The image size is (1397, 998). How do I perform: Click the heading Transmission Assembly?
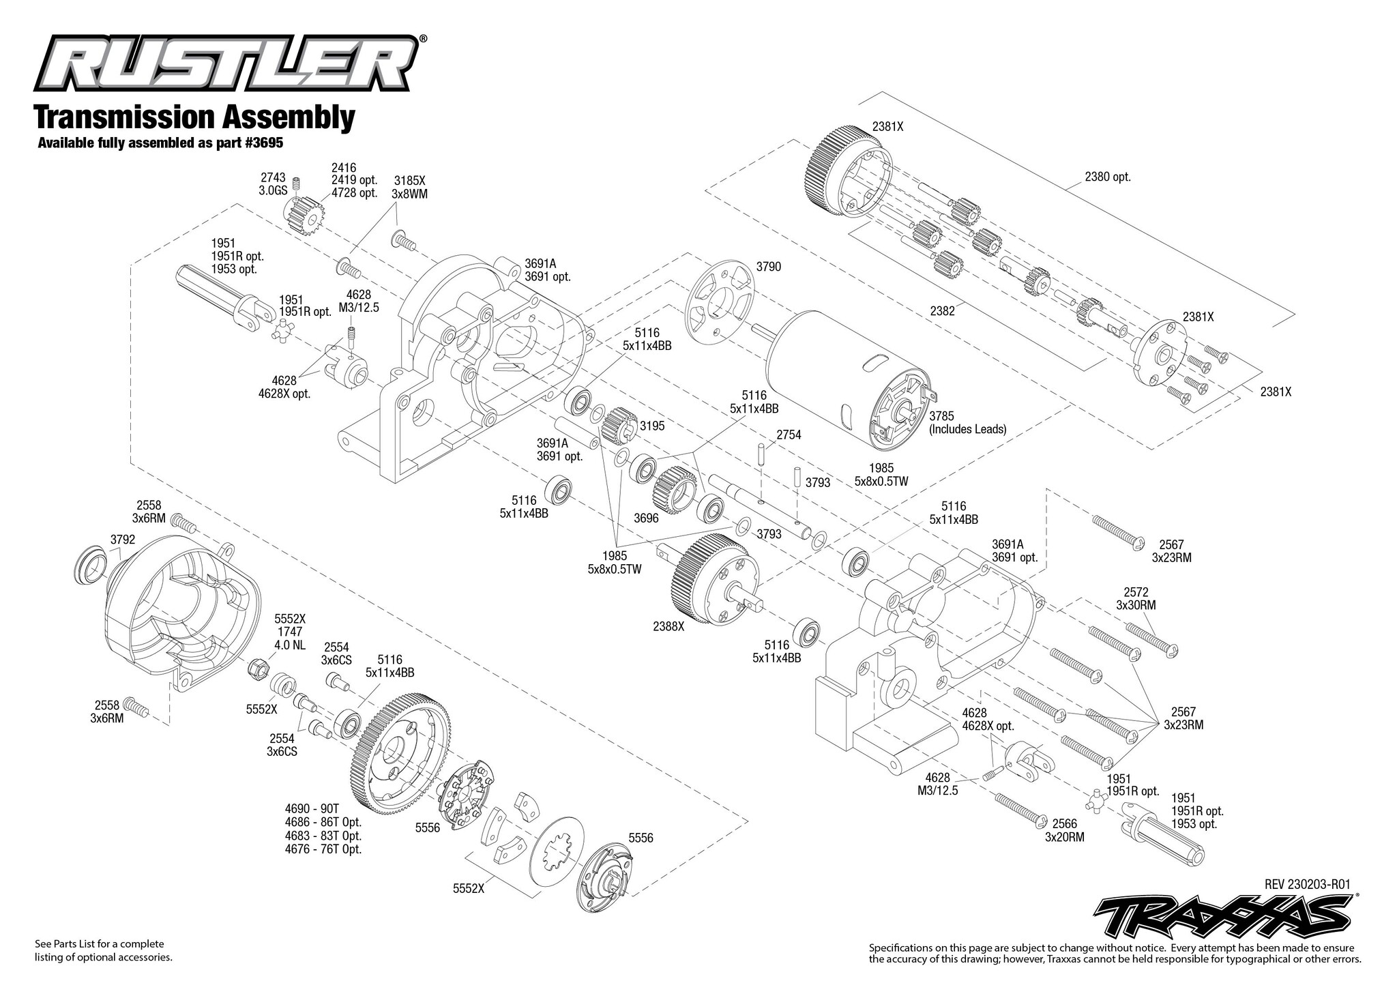[x=194, y=117]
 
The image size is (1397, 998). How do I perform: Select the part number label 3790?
[x=769, y=267]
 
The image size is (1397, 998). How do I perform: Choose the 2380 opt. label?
[x=1108, y=177]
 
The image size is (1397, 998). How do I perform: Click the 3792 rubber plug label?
[x=123, y=539]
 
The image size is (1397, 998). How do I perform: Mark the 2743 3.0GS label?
[x=273, y=185]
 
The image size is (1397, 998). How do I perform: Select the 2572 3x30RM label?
[x=1136, y=599]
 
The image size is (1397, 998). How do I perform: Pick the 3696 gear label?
[x=646, y=518]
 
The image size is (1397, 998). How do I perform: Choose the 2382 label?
[x=941, y=310]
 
